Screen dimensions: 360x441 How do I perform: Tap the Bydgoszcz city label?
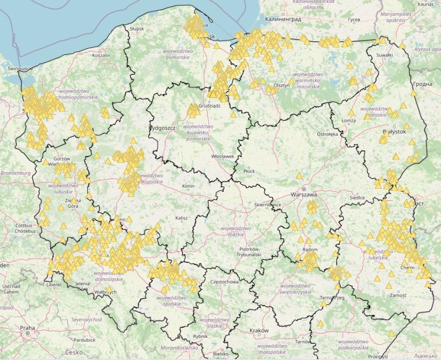coord(162,128)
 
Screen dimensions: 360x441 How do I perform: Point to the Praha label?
coord(27,327)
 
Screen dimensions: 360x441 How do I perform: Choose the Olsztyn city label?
coord(282,86)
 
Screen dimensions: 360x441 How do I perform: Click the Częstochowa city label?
coord(224,281)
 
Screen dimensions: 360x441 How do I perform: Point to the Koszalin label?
coord(101,55)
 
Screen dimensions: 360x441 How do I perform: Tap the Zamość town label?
coord(399,295)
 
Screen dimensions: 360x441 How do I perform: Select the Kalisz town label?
coord(182,218)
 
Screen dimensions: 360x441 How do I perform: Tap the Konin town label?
coord(188,186)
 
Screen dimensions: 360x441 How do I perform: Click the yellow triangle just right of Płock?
coord(299,175)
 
